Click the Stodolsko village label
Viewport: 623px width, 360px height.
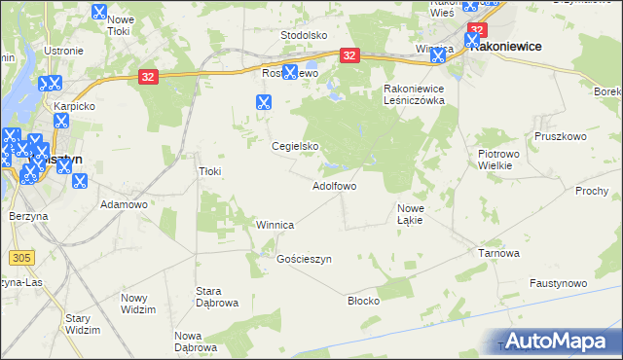303,35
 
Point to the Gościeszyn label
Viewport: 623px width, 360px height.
305,260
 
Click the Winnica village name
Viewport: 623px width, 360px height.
275,225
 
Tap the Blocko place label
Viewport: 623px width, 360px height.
363,301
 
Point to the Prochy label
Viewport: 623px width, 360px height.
591,191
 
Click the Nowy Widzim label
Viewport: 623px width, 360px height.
138,304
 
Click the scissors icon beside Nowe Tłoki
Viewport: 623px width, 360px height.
98,13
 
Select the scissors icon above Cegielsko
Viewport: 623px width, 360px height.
263,101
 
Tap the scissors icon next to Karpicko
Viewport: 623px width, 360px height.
60,121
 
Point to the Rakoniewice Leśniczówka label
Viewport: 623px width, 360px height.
413,94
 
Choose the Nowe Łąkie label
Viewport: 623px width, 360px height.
410,214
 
